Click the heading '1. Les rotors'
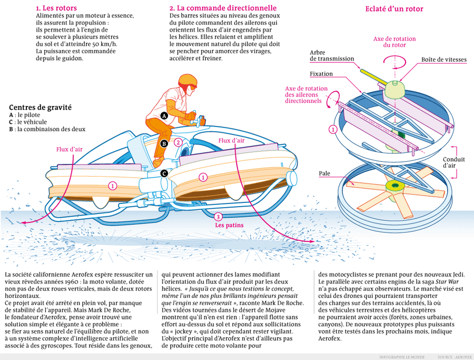coord(56,8)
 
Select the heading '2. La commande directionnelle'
coord(223,8)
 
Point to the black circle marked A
coord(164,115)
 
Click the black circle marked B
coord(164,143)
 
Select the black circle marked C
coord(164,173)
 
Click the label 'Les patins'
coord(227,225)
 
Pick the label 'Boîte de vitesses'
coord(443,60)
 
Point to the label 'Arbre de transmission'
coord(332,55)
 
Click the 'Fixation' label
coord(321,74)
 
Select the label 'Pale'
coord(324,173)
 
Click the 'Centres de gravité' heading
coord(40,107)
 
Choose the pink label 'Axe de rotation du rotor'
coord(394,42)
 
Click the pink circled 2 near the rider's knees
coord(178,142)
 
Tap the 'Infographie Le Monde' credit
coord(401,357)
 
